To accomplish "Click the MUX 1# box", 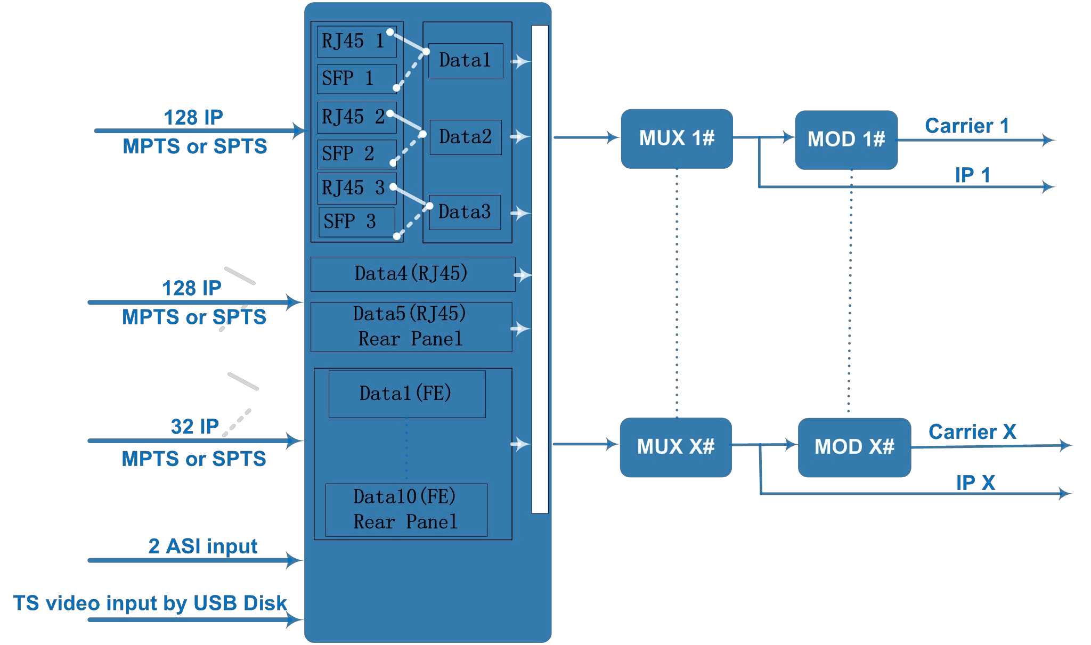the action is click(677, 138).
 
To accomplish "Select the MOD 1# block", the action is click(846, 140).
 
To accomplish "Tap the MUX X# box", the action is click(675, 447).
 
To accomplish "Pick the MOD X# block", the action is click(854, 447).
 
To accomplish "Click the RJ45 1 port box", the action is click(356, 42).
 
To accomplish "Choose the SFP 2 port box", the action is click(356, 154).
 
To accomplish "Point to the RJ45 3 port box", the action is click(356, 188).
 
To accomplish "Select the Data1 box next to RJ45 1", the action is click(466, 61).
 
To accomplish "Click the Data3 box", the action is click(465, 212).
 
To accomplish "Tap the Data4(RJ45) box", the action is click(412, 274).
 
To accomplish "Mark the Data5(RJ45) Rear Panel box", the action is click(411, 326).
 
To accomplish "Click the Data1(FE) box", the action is click(406, 394).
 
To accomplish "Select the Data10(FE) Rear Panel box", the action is click(406, 510).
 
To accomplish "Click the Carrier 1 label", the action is click(967, 126).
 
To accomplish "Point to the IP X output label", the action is click(975, 483).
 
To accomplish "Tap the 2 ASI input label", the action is click(203, 546).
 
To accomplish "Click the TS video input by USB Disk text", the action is click(150, 603).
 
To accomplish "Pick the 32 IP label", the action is click(195, 427).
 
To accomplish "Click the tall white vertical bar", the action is click(540, 269).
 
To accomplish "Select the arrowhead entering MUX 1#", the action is click(613, 137).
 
